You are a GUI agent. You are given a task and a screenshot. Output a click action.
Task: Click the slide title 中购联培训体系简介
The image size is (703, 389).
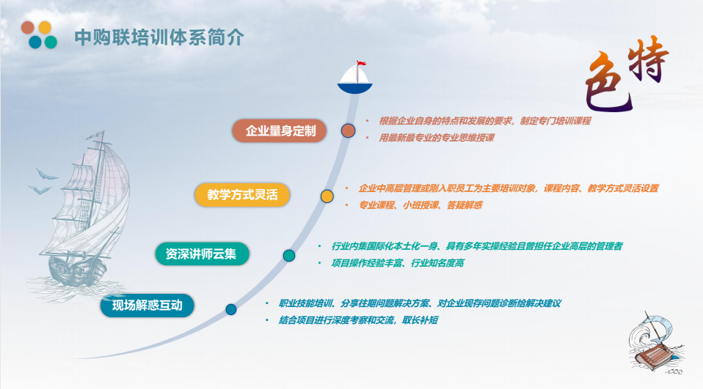tap(159, 37)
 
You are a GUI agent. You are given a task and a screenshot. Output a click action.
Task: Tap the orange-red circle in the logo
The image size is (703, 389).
tap(28, 28)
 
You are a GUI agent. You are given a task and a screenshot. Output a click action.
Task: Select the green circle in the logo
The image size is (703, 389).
tap(51, 42)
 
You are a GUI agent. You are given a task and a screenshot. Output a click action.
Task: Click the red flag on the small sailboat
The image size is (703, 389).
tap(361, 64)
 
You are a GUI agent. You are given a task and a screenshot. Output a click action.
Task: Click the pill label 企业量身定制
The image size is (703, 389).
tap(280, 130)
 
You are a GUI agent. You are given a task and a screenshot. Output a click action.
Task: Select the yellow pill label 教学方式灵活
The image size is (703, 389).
tap(242, 195)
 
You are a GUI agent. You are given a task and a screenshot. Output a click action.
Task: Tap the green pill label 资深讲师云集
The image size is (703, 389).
tap(202, 253)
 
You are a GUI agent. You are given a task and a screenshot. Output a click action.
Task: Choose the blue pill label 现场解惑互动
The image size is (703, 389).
tap(147, 305)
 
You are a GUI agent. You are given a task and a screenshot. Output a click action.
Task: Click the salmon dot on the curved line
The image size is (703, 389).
tap(348, 130)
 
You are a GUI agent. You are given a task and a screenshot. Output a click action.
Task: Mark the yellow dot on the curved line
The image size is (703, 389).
tap(327, 196)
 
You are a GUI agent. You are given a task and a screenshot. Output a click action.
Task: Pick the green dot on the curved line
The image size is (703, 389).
tap(288, 256)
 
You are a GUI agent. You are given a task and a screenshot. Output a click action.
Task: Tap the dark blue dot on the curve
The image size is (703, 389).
tap(231, 309)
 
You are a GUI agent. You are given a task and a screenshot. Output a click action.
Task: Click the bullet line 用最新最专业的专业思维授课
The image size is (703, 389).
tap(436, 138)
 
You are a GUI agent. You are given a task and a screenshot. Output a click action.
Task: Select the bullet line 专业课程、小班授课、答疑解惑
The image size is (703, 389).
tap(420, 205)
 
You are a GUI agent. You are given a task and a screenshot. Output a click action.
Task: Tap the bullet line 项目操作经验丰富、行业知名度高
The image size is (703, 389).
tap(398, 263)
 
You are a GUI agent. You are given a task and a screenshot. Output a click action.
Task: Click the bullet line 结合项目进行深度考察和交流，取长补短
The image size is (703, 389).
tap(358, 321)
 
